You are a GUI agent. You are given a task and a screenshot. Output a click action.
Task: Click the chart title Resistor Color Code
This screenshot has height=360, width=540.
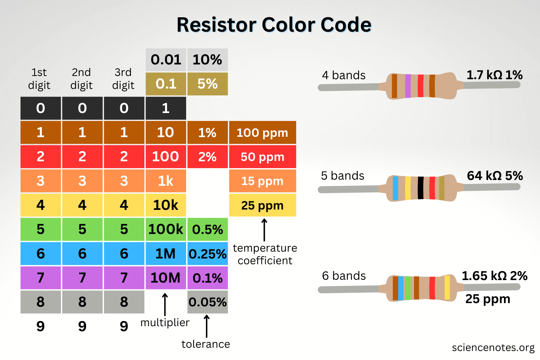274,25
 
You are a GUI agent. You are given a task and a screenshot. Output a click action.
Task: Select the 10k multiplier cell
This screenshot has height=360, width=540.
166,205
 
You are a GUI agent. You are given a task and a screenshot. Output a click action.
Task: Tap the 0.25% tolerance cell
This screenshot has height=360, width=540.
207,253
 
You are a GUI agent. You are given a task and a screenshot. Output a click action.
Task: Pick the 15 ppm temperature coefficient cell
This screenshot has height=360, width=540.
262,181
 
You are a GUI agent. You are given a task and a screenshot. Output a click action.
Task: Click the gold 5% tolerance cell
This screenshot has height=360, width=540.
207,84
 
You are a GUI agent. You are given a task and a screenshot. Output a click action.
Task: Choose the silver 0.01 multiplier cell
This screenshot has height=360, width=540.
166,60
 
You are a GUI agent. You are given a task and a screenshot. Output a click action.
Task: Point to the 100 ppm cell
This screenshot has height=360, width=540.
262,132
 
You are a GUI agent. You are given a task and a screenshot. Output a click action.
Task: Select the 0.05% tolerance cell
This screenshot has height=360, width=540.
207,302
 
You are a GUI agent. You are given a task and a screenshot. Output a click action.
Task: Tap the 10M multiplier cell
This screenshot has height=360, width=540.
166,278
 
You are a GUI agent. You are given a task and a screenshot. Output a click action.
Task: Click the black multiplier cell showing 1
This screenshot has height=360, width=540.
166,108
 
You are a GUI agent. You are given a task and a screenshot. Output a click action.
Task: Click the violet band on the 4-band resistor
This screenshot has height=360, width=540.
408,86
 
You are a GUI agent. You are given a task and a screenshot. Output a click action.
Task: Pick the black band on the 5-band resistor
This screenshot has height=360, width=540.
420,188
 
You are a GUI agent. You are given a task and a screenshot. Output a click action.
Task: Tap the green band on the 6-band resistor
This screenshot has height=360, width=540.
408,288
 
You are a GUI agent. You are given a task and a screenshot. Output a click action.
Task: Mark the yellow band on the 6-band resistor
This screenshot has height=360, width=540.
447,287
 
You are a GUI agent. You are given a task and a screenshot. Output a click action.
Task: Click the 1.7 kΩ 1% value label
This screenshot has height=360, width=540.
494,75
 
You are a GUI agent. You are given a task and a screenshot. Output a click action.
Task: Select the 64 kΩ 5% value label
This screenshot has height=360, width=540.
495,176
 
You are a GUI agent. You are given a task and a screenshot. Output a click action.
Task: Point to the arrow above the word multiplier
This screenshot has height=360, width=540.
165,304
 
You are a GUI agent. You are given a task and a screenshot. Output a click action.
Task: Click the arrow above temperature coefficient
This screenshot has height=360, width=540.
264,230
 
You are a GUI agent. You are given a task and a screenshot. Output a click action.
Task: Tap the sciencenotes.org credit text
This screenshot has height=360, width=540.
493,347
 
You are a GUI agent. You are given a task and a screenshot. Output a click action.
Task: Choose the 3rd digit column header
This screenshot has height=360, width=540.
123,79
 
